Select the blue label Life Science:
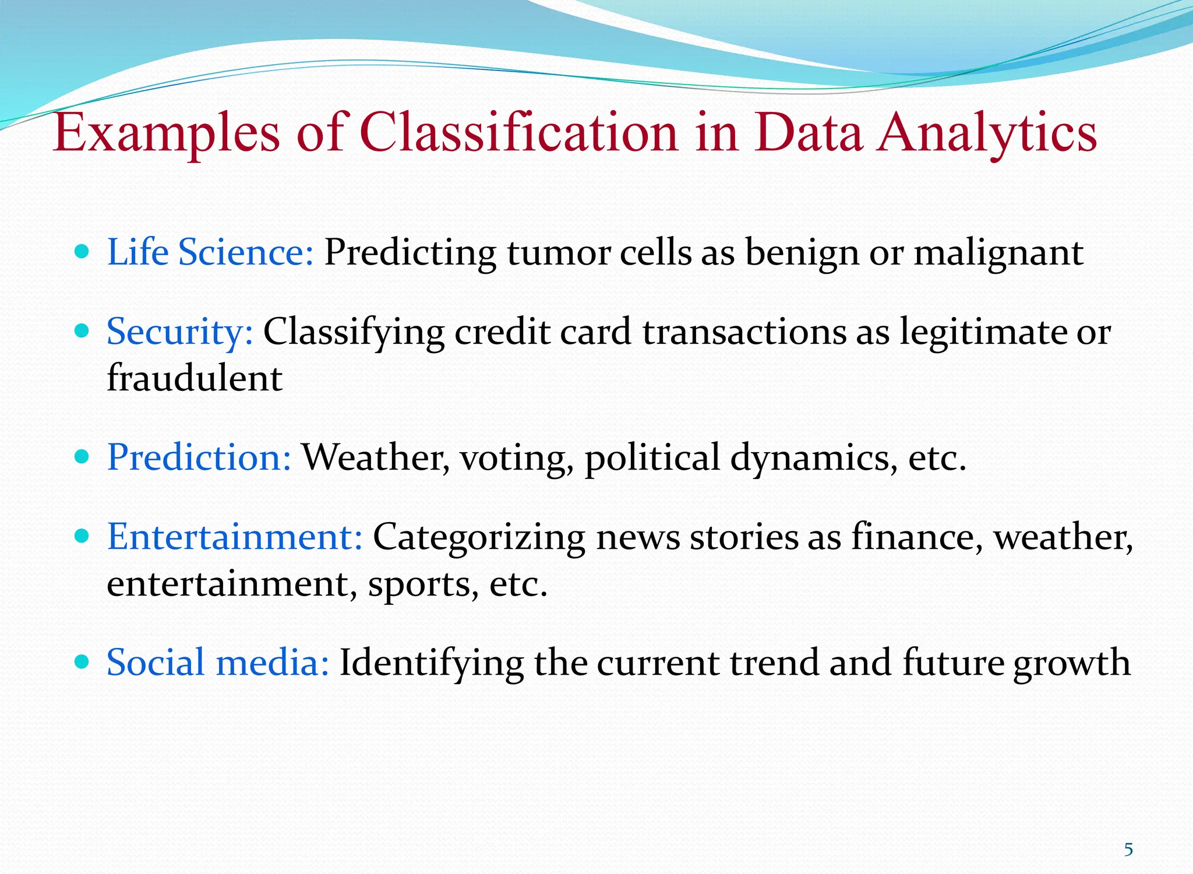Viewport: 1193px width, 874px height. coord(210,253)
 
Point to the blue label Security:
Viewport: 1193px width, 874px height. coord(180,333)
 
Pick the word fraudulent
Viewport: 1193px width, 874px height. coord(195,378)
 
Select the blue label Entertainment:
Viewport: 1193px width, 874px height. coord(235,537)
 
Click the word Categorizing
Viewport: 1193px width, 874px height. coord(478,538)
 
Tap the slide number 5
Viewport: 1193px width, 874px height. coord(1128,850)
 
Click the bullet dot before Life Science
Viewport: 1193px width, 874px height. coord(82,252)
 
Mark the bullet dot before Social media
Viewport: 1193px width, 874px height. coord(82,662)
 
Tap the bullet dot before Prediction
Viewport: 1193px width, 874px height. coord(82,457)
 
